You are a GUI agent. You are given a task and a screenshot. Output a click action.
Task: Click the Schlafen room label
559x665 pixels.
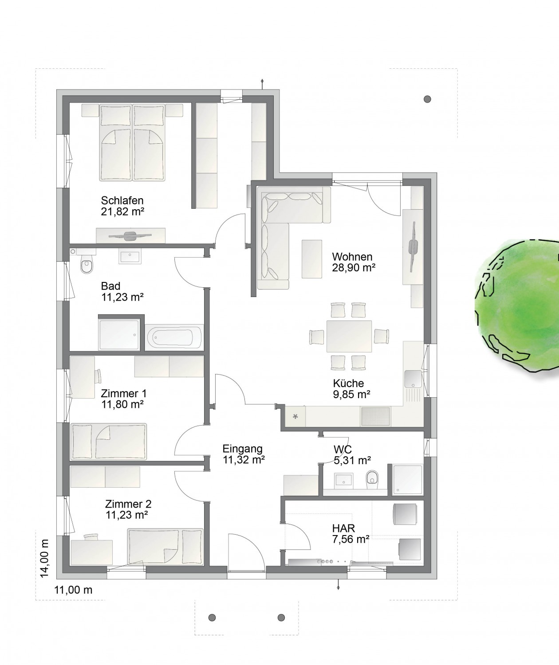pos(122,200)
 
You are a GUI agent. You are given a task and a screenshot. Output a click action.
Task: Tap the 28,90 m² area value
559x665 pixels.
pos(354,267)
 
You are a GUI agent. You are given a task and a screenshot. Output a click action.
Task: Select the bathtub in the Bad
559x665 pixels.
pos(174,337)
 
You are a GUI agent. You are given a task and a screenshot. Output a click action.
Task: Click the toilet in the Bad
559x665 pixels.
pos(87,265)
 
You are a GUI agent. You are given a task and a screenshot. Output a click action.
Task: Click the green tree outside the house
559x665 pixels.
pos(517,305)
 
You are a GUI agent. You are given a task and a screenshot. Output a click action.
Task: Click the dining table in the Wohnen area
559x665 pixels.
pos(349,336)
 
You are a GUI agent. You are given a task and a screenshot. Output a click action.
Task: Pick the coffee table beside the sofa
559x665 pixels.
pos(312,259)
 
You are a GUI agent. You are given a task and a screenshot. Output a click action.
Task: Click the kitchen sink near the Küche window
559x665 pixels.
pos(413,378)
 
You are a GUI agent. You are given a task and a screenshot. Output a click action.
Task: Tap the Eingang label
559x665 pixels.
pos(243,449)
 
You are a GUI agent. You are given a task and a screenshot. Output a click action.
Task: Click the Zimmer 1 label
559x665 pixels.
pos(124,393)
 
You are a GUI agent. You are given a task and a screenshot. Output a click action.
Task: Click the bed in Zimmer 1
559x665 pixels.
pos(109,441)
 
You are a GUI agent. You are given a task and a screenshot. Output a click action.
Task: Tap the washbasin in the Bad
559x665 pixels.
pos(130,257)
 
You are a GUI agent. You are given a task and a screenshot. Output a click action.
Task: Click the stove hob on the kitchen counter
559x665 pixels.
pos(375,416)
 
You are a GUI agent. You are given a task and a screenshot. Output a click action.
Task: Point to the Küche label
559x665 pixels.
pos(348,383)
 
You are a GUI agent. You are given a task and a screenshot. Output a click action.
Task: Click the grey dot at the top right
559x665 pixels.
pos(427,99)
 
